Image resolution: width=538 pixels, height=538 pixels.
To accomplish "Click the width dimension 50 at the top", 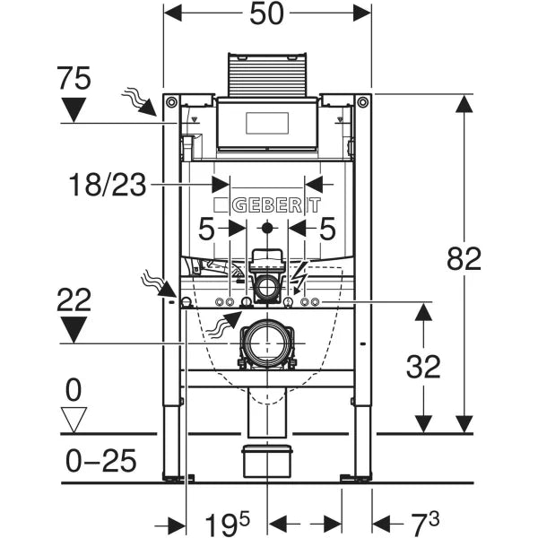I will click(266, 14).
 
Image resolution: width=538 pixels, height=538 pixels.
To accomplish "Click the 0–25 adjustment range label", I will click(100, 462).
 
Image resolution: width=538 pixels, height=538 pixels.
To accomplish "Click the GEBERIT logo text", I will click(267, 205).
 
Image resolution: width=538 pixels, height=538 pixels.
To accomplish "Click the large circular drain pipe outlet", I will click(267, 343).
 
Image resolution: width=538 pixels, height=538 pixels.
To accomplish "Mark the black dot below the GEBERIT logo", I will click(267, 230).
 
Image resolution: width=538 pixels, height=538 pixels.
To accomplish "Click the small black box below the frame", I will click(267, 461).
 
